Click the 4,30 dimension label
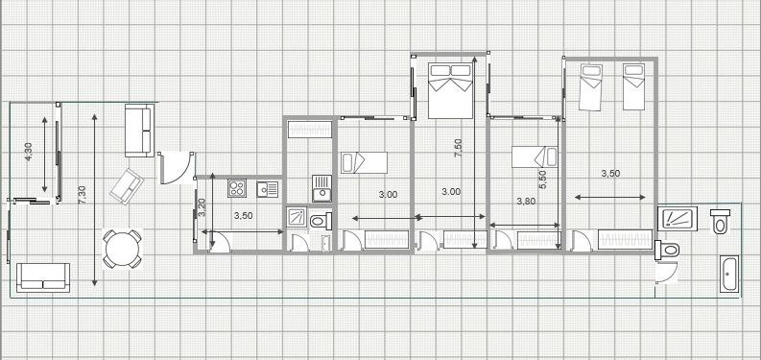point(28,152)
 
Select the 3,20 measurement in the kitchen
point(203,207)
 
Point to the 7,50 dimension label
point(458,148)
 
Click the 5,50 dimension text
point(542,180)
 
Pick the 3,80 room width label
point(526,202)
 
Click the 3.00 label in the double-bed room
point(451,192)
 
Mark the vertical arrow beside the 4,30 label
point(45,155)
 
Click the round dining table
point(122,249)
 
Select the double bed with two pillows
point(450,90)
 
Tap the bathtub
point(728,274)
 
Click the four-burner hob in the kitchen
point(237,188)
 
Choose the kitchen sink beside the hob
point(268,189)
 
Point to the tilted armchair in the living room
point(127,186)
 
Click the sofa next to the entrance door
point(139,131)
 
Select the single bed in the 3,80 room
point(535,157)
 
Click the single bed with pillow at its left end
point(364,163)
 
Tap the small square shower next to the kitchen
point(296,217)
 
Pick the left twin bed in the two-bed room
point(590,87)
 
